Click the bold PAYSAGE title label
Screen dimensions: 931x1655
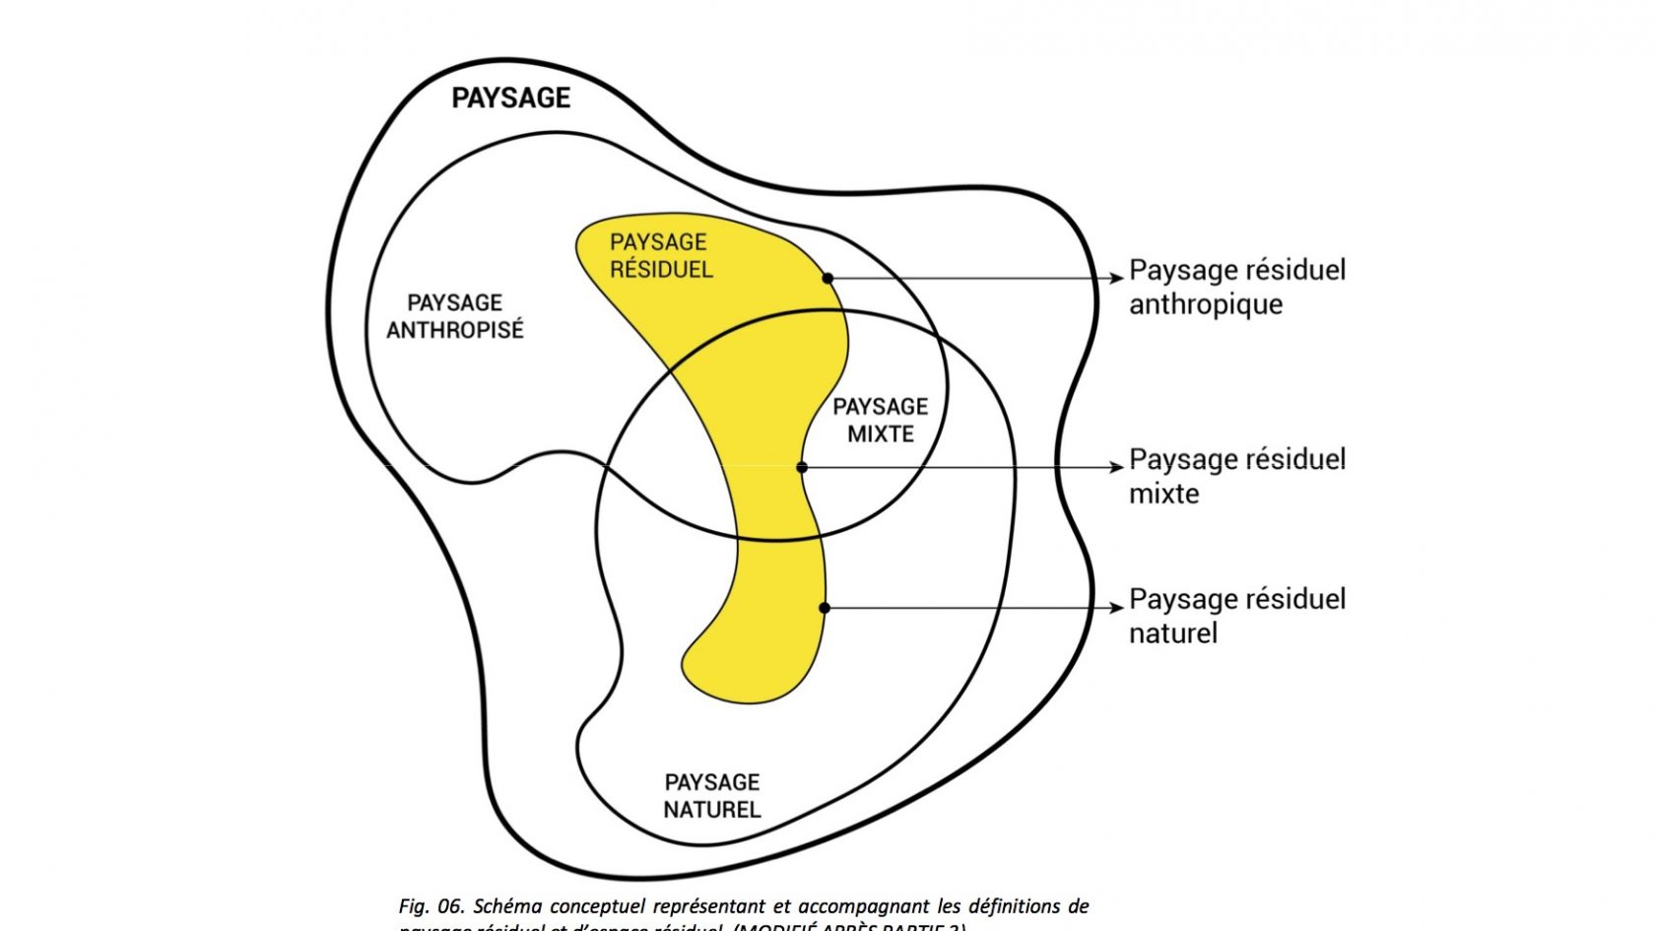click(x=510, y=98)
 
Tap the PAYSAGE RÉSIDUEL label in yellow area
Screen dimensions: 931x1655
click(x=660, y=255)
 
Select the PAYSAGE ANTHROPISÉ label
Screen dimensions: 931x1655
click(x=454, y=316)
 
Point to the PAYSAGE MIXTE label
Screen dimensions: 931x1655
click(x=880, y=420)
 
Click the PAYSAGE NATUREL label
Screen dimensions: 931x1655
click(x=711, y=796)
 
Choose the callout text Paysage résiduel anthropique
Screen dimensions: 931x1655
click(x=1236, y=287)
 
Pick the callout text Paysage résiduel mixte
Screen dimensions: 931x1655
click(x=1236, y=476)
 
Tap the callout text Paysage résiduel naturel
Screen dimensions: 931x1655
click(x=1236, y=616)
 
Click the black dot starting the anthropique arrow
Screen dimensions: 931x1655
click(x=827, y=279)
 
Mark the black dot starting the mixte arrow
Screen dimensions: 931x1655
click(x=802, y=467)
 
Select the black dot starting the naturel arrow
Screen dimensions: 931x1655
click(x=825, y=608)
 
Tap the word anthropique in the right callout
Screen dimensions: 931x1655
click(x=1205, y=304)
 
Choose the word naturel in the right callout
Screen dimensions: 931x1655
click(x=1172, y=633)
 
